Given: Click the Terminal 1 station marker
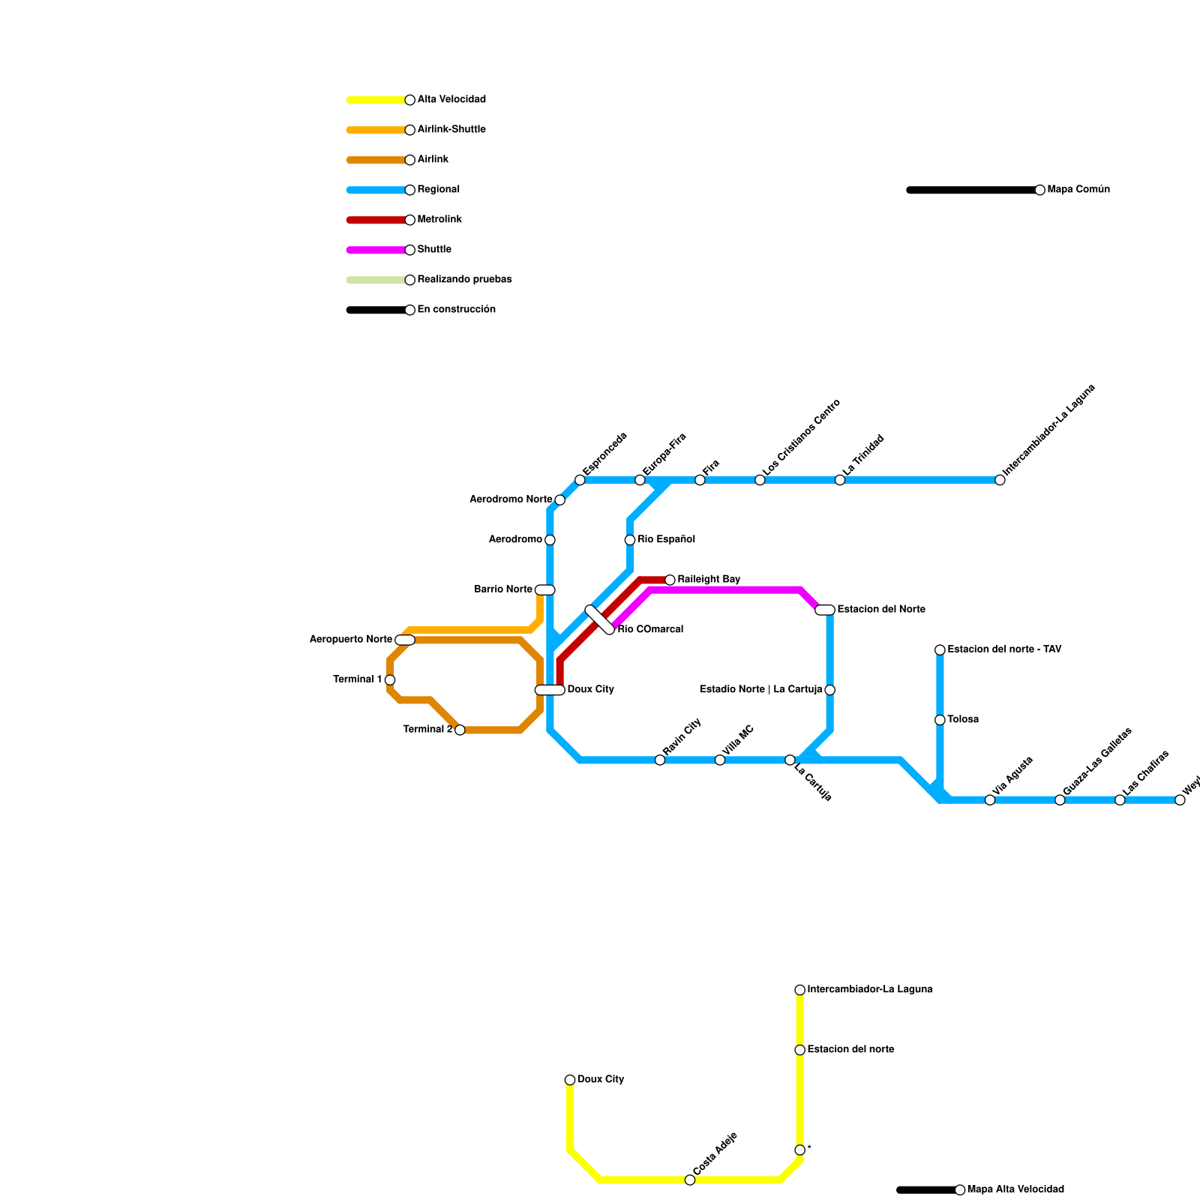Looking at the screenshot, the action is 390,679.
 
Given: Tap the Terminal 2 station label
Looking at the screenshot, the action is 427,730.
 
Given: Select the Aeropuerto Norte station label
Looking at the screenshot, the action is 350,640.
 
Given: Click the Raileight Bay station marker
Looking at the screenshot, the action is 670,580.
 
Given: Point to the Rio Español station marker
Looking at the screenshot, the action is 630,540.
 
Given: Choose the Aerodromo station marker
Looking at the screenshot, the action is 550,540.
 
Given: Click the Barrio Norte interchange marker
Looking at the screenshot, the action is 545,589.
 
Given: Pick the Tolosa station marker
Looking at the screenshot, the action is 940,720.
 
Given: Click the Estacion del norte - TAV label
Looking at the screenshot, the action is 1004,649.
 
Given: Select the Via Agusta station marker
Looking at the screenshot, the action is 990,800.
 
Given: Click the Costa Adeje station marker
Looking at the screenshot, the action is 690,1180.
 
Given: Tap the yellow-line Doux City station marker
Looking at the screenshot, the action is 570,1080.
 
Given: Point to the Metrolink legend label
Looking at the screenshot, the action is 439,220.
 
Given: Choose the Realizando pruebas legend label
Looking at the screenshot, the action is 464,280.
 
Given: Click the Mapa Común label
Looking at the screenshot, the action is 1078,190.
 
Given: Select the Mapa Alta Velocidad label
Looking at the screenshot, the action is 1015,1189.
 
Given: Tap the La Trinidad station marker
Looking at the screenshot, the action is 840,480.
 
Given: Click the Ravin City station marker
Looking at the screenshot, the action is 660,760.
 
